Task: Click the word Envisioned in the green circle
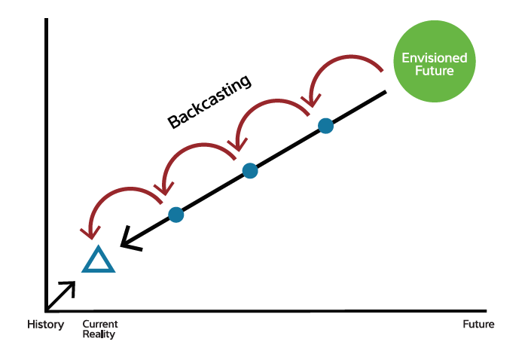pos(435,58)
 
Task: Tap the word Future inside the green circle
pos(435,71)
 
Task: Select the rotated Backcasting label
pos(209,101)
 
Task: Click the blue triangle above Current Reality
pos(99,259)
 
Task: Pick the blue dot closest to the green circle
pos(326,126)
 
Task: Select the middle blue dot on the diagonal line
pos(250,170)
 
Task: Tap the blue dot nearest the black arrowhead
pos(176,215)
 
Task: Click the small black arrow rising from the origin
pos(61,296)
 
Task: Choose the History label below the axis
pos(45,325)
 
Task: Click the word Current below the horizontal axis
pos(100,324)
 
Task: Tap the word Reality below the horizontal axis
pos(99,334)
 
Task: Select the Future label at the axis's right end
pos(478,324)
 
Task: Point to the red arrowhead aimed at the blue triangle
pos(90,233)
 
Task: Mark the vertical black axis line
pos(47,165)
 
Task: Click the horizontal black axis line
pos(266,310)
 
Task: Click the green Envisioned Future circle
pos(435,61)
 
